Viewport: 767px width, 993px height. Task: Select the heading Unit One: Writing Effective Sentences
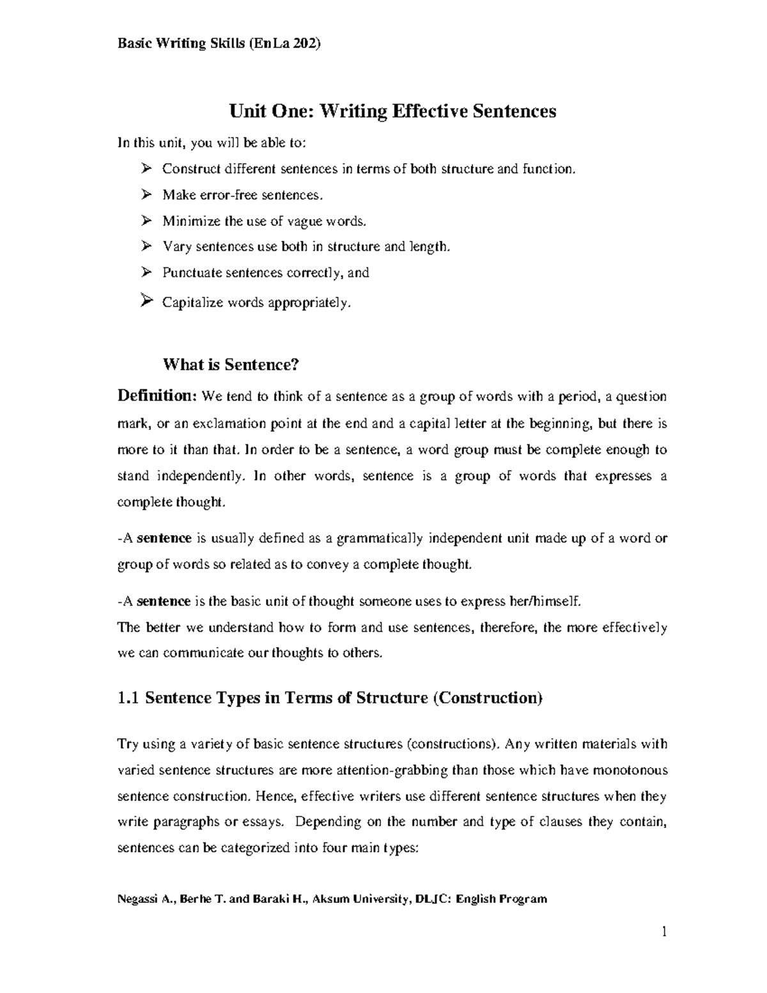[x=392, y=111]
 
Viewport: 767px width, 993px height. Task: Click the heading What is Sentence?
[x=231, y=364]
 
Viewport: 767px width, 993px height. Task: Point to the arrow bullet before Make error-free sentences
[x=146, y=194]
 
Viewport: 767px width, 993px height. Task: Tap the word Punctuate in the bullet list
[x=190, y=273]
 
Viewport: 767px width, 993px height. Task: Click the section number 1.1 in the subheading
[x=128, y=698]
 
